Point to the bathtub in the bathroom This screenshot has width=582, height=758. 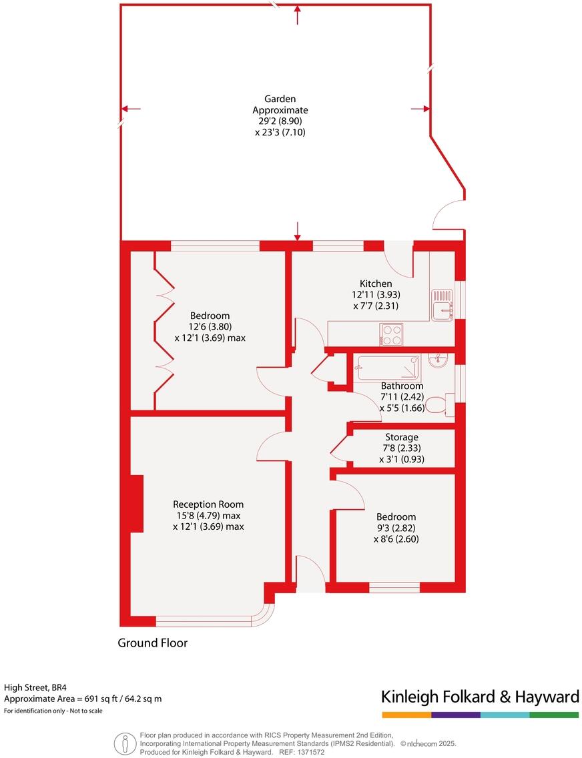click(388, 367)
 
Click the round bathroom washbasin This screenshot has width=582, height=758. click(439, 361)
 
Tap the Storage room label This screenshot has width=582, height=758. click(402, 437)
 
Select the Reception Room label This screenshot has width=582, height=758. click(208, 504)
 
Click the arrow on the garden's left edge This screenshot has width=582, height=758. click(131, 109)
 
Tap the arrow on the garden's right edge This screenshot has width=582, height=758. click(419, 109)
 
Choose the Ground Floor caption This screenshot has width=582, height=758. click(153, 643)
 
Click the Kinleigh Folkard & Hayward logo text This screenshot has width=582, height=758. click(480, 697)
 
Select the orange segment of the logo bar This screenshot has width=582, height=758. click(406, 715)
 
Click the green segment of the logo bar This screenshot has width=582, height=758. click(554, 715)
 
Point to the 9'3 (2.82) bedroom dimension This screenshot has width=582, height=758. click(396, 528)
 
